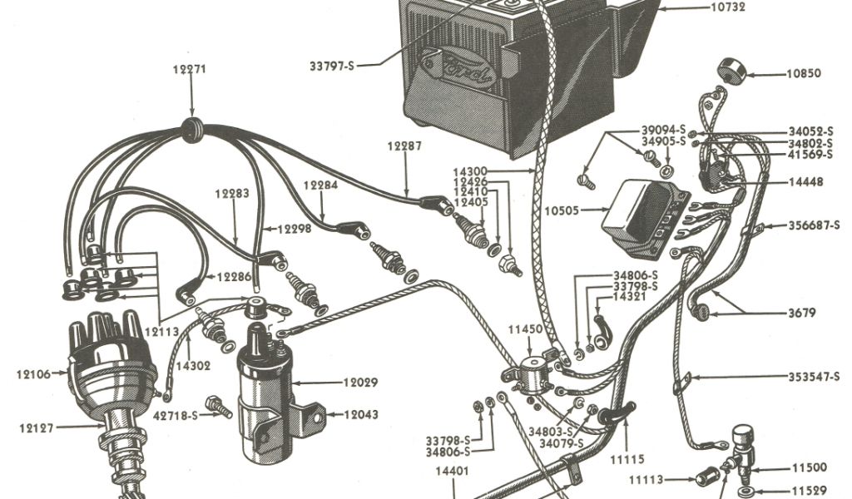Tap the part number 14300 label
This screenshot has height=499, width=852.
pos(494,171)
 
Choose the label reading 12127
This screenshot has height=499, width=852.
pos(37,428)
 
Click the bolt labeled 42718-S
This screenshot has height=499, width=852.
pos(219,404)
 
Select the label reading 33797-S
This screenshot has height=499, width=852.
pos(331,65)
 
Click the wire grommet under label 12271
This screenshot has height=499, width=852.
pos(193,127)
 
